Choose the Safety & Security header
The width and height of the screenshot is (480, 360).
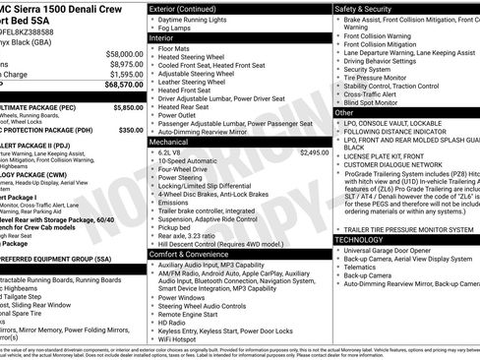pos(368,8)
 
